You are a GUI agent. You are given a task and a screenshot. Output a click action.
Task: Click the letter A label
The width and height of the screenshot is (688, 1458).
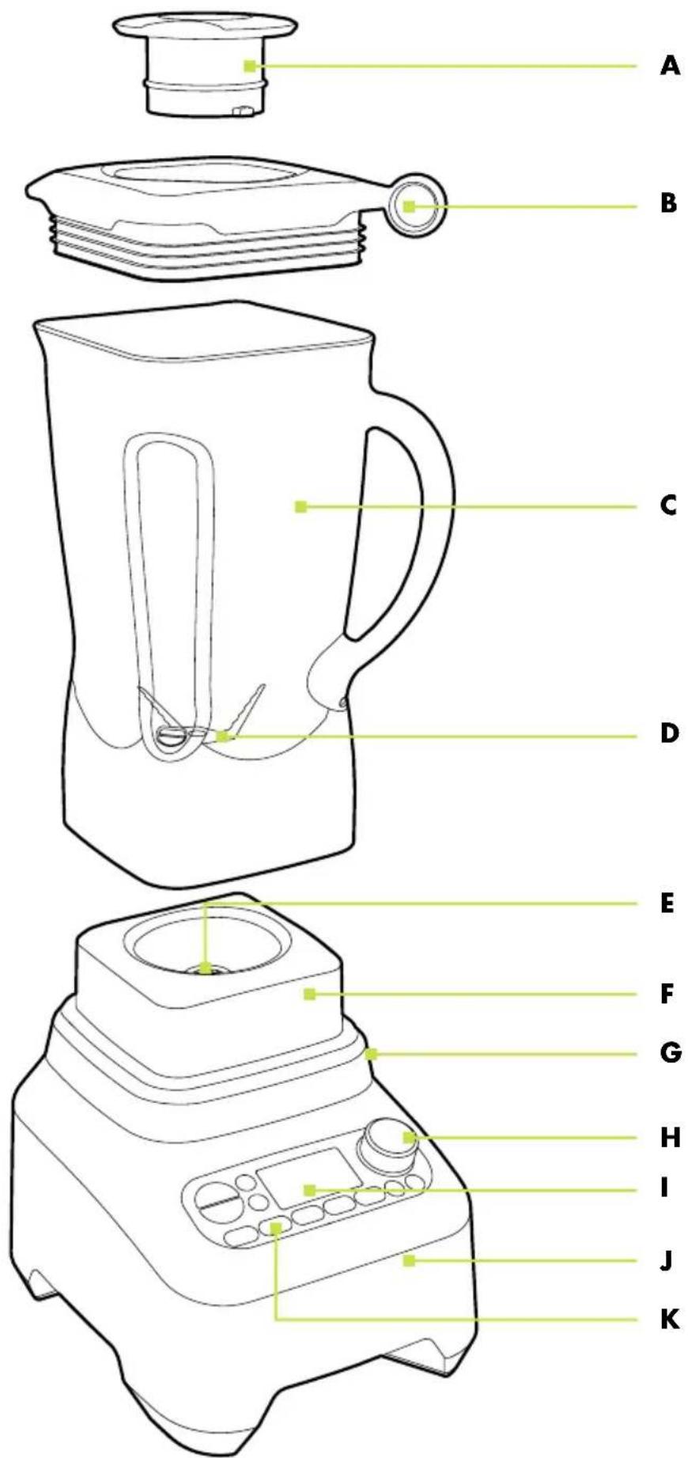point(669,66)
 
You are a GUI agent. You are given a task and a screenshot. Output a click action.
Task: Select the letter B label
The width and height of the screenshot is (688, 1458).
point(669,204)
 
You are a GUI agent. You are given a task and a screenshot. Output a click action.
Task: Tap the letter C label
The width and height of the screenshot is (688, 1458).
point(669,505)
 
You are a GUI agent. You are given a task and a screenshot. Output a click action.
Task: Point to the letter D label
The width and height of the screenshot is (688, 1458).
point(669,733)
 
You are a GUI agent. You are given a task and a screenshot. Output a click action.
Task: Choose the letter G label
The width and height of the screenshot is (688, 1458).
point(670,1053)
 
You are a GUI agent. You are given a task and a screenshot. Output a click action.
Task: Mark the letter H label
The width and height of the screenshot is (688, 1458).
point(670,1138)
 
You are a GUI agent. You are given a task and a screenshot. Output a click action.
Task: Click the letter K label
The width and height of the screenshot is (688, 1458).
point(669,1319)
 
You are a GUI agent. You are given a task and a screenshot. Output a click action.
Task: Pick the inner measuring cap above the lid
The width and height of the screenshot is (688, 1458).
point(206,65)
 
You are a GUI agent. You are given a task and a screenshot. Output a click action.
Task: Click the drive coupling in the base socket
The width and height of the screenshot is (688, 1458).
point(206,968)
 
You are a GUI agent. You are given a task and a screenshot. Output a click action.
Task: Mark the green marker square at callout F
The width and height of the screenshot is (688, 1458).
point(310,994)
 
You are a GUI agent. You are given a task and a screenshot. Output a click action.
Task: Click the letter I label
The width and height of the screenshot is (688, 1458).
point(665,1187)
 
